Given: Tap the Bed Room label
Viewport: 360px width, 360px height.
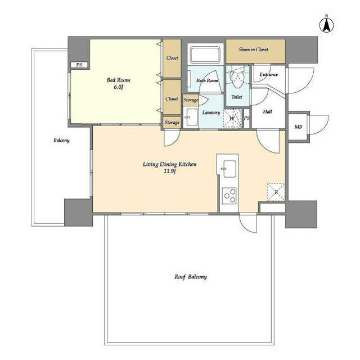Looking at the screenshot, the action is [118, 80].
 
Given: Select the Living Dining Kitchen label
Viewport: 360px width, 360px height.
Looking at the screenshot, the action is [169, 164].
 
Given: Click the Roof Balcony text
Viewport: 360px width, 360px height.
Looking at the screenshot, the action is [191, 277].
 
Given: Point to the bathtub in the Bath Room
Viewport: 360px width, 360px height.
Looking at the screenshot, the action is [205, 54].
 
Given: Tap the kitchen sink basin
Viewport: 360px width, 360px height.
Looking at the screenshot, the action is [229, 169].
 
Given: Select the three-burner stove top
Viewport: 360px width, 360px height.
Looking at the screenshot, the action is [229, 196].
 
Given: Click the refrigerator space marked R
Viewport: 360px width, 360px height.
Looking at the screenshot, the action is [276, 192].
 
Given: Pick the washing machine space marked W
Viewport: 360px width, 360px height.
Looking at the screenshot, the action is [232, 118].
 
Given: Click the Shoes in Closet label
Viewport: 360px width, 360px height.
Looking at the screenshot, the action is [253, 49].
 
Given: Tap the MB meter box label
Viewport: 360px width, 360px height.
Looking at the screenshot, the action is [298, 127].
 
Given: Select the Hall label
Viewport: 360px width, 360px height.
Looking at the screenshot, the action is [268, 111].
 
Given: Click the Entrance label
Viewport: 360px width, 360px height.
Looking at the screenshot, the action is [269, 74].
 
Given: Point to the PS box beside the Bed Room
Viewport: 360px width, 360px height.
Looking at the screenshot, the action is [79, 65].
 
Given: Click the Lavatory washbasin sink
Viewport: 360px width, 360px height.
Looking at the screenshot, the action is [192, 118].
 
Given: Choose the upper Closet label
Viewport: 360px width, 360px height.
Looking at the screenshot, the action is [172, 58].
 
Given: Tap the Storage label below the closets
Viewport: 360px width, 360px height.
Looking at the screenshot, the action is [172, 123].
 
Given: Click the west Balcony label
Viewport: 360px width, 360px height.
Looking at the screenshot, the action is [61, 140].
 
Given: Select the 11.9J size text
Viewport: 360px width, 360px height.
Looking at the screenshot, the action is [169, 171].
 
